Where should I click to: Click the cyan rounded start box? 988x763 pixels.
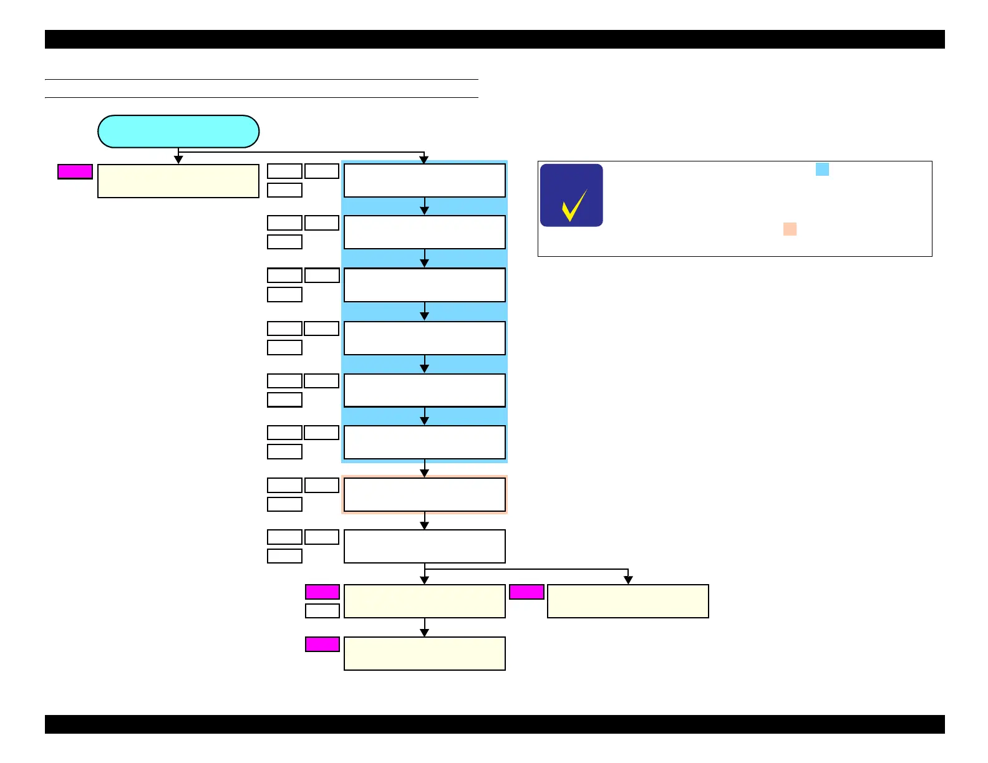click(178, 132)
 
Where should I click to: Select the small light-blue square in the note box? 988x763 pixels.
click(822, 170)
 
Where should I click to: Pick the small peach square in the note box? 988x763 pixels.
click(790, 229)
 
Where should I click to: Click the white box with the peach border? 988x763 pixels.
click(424, 494)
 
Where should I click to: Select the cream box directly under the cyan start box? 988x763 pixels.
click(178, 181)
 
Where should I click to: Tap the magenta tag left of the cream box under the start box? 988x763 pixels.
click(75, 171)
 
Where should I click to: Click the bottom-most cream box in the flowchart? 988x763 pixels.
click(424, 653)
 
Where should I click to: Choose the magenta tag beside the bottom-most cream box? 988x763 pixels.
click(322, 644)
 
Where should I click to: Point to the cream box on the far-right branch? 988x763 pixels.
click(627, 601)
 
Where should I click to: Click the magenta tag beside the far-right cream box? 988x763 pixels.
click(526, 592)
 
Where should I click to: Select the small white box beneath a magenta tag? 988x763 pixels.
click(322, 610)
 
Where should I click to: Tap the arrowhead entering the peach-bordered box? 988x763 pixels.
click(424, 473)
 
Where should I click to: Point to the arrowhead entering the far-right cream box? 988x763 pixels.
click(628, 580)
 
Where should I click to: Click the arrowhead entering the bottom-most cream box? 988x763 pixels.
click(424, 633)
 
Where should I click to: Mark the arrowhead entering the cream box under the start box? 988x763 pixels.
click(178, 160)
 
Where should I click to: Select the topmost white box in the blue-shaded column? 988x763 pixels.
click(424, 180)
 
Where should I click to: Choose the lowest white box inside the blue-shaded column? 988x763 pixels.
click(424, 442)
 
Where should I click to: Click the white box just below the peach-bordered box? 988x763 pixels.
click(424, 546)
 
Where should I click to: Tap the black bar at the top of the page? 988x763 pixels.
click(494, 39)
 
